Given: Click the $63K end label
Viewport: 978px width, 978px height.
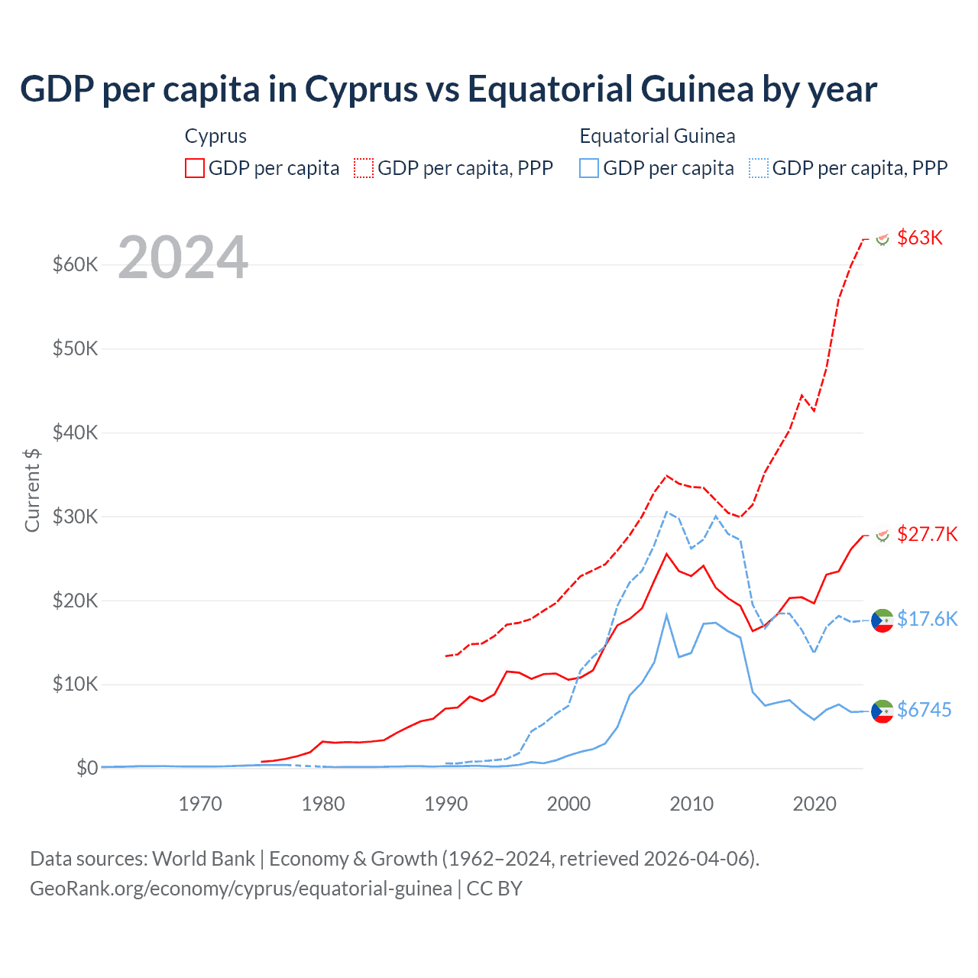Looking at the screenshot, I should click(920, 238).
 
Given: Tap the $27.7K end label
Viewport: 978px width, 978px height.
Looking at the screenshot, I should click(927, 534).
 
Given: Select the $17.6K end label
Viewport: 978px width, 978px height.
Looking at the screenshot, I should click(927, 619).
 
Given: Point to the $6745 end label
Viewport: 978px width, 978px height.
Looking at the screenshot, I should click(924, 710).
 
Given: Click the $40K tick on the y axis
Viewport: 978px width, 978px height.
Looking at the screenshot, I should click(75, 432).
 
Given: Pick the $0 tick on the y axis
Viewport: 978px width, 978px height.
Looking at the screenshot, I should click(86, 768).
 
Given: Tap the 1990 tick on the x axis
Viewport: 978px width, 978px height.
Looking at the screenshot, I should click(446, 804).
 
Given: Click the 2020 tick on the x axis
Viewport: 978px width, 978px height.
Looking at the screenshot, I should click(814, 804).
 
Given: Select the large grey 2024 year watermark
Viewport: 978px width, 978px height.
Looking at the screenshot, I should click(183, 257).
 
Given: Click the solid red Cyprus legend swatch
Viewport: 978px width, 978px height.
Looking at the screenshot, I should click(195, 168).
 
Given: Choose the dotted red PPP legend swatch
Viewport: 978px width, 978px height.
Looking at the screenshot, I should click(364, 168).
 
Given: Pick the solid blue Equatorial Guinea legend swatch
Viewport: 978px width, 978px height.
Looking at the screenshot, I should click(589, 168).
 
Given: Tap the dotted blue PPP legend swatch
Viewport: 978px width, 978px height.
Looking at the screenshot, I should click(759, 168).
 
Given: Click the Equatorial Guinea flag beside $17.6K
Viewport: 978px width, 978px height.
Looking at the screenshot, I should click(882, 620).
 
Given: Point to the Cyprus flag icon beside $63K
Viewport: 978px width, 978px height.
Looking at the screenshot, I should click(882, 239).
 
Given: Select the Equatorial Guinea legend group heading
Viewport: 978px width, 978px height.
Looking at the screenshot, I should click(657, 136).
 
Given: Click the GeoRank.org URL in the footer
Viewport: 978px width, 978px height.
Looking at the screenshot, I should click(241, 889).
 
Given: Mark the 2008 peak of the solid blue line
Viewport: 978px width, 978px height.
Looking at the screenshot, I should click(666, 615).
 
